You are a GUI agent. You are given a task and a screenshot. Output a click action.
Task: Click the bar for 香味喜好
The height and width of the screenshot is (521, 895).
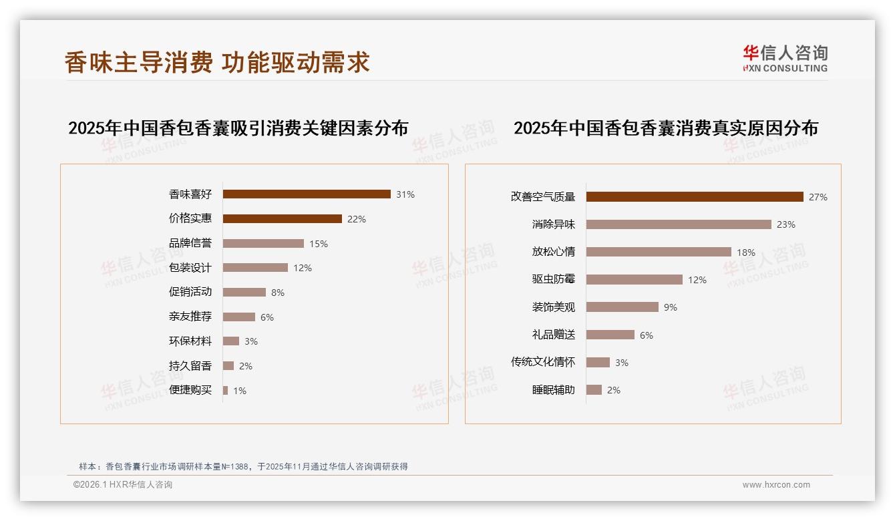click(307, 194)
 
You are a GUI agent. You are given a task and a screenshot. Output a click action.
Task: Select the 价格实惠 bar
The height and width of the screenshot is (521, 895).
click(282, 219)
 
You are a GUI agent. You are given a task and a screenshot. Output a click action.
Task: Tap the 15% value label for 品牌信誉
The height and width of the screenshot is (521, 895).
click(319, 244)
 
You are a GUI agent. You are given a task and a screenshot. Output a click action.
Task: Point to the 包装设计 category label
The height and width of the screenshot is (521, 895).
click(190, 268)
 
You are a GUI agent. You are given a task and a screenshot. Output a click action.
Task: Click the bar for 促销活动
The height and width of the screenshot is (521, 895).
click(244, 293)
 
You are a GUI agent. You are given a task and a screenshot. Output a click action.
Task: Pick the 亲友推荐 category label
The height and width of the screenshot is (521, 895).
click(190, 317)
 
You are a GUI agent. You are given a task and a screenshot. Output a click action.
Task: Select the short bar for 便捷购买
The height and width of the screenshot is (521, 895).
click(226, 390)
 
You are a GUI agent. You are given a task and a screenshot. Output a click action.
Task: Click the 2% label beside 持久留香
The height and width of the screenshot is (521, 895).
click(246, 366)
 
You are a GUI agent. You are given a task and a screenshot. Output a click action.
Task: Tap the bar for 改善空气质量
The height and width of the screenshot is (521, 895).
click(695, 197)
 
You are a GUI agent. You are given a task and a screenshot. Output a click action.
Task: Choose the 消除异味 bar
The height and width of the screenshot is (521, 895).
click(679, 224)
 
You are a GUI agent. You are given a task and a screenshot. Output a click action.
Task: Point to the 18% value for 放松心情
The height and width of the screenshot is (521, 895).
click(746, 252)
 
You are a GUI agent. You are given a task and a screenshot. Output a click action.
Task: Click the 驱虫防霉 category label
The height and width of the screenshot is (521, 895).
click(554, 280)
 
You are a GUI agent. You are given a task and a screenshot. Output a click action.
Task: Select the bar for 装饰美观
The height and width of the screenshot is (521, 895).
click(622, 307)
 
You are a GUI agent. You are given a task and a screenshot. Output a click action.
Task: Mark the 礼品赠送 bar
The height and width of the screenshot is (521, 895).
click(610, 335)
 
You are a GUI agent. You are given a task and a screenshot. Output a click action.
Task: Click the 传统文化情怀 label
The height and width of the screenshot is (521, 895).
click(543, 362)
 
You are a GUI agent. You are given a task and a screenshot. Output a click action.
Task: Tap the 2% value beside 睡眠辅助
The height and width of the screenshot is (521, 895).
click(614, 390)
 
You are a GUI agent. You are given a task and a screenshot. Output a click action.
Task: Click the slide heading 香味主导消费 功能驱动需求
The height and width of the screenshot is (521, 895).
click(217, 63)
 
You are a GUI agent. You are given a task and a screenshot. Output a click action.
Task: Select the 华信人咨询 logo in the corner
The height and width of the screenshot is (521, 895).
click(785, 59)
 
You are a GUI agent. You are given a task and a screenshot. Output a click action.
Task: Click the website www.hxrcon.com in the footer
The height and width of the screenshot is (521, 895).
click(776, 485)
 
